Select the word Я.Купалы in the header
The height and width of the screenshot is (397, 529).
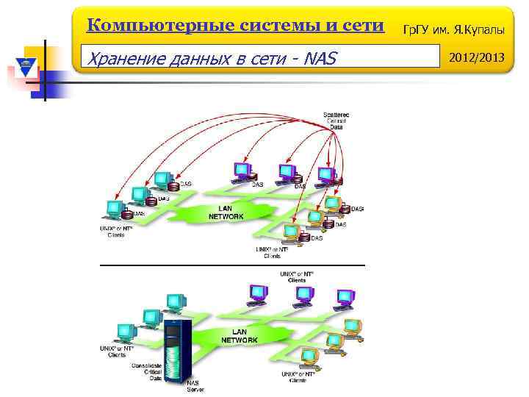(x=478, y=28)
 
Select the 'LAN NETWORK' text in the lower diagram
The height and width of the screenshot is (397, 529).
(x=240, y=336)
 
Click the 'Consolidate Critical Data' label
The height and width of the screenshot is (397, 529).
(x=145, y=371)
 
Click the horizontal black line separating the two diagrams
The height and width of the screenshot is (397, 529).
(x=231, y=265)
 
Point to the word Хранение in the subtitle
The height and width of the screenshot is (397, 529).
(x=120, y=57)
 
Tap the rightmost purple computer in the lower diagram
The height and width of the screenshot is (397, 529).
(x=345, y=298)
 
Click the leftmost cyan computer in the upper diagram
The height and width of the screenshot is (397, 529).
(x=115, y=209)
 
